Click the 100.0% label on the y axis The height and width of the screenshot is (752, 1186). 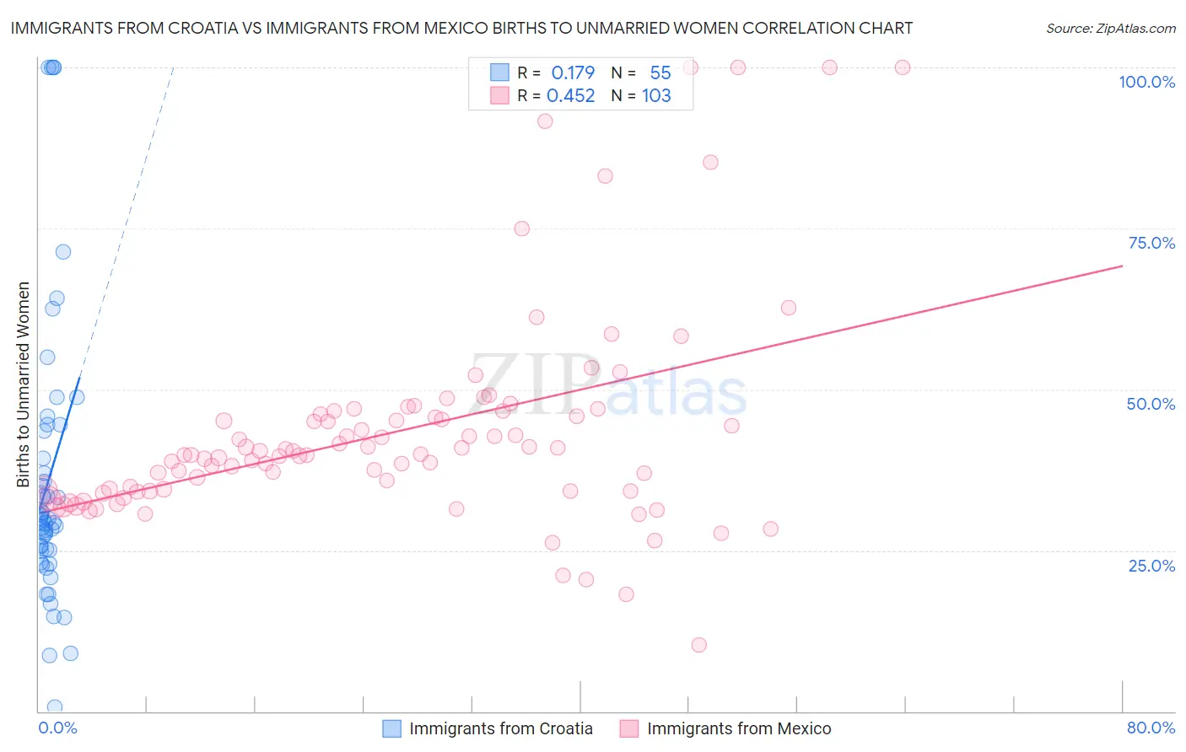1146,82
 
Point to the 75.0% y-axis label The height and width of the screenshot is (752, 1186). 1151,243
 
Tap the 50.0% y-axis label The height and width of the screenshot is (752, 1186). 1151,404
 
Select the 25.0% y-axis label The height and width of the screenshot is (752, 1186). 1151,565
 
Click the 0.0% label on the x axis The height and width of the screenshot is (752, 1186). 57,728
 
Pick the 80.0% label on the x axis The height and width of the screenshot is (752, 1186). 1151,728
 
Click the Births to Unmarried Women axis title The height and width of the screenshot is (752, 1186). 23,384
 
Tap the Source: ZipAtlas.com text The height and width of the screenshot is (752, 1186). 1110,28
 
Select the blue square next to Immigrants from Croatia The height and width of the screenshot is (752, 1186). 391,728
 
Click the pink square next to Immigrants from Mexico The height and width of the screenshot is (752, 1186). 629,728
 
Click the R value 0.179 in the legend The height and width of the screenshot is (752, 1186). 573,73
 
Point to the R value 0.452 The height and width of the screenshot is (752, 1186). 570,95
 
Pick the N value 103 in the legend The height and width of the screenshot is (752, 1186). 656,95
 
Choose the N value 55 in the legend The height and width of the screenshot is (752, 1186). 660,73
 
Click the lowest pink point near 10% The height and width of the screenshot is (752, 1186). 698,645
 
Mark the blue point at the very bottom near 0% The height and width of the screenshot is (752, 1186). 55,707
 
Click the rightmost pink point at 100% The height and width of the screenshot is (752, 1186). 903,67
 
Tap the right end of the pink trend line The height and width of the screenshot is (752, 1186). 1122,266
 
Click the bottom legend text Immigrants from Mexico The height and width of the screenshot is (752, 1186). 739,728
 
